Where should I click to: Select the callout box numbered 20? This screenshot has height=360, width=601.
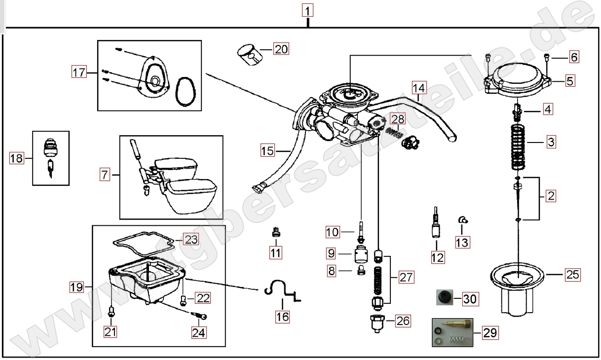(281, 49)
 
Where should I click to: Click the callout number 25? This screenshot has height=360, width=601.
(572, 274)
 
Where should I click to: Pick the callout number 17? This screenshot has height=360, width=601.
(78, 73)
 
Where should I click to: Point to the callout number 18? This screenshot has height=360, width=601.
(16, 158)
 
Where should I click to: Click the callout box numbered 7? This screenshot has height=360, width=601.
(104, 175)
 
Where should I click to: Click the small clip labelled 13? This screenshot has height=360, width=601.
(463, 220)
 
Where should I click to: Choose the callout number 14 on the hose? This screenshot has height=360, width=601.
(418, 89)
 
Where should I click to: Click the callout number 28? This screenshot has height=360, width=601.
(397, 119)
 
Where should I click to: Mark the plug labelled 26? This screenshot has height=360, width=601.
(378, 323)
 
